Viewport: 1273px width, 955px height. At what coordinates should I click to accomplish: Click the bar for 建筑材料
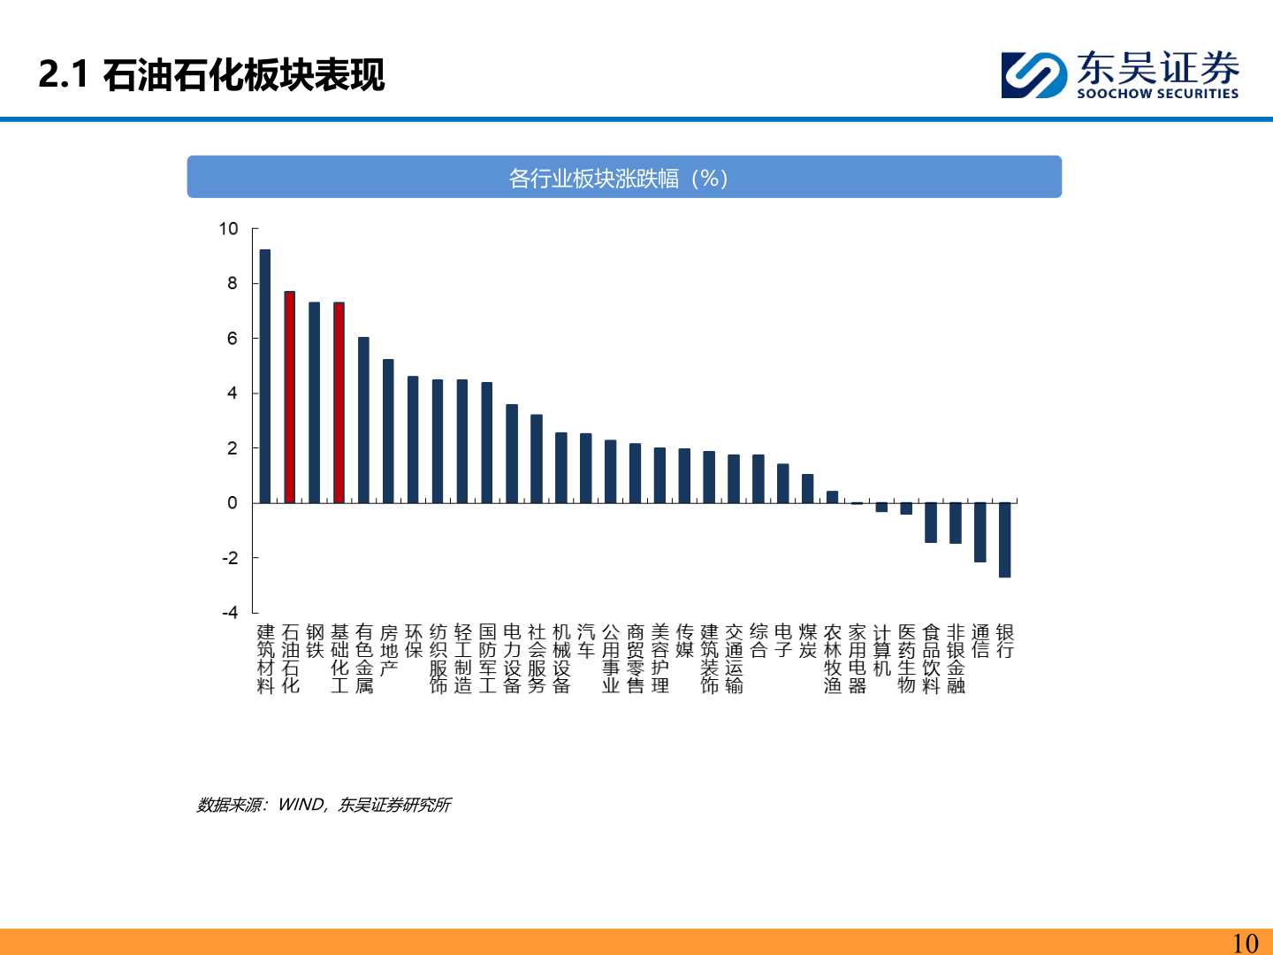pos(265,376)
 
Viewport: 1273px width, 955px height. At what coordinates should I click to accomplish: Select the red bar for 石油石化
pos(289,397)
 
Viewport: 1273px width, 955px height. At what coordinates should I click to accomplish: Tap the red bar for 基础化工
pos(339,402)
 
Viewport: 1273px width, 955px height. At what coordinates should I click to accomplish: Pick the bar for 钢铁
pos(314,402)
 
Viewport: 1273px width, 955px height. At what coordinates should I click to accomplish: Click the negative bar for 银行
pos(1004,539)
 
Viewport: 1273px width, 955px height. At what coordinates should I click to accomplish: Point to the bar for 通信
pos(980,532)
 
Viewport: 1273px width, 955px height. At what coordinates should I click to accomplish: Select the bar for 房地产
pos(388,431)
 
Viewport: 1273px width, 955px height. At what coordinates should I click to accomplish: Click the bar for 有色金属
pos(363,420)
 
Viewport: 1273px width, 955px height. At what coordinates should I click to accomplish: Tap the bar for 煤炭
pos(807,488)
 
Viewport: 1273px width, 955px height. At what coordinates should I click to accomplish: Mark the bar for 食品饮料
pos(931,523)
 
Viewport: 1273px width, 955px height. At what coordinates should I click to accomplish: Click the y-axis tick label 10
pos(229,229)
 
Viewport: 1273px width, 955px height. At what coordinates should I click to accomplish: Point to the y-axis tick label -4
pos(230,612)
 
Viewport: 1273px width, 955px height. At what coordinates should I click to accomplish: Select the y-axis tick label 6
pos(232,339)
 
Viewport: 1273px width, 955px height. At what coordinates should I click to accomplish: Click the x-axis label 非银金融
pos(956,659)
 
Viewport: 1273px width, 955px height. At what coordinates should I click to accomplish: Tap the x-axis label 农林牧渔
pos(832,659)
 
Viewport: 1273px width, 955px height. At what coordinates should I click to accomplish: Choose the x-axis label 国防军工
pos(487,659)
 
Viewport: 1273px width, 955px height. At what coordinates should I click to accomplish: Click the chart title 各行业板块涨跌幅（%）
pos(619,179)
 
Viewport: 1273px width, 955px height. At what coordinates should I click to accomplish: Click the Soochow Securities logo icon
pos(1033,75)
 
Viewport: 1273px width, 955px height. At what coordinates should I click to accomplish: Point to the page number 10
pos(1245,943)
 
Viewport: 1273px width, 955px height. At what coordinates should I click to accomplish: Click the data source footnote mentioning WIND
pos(324,805)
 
